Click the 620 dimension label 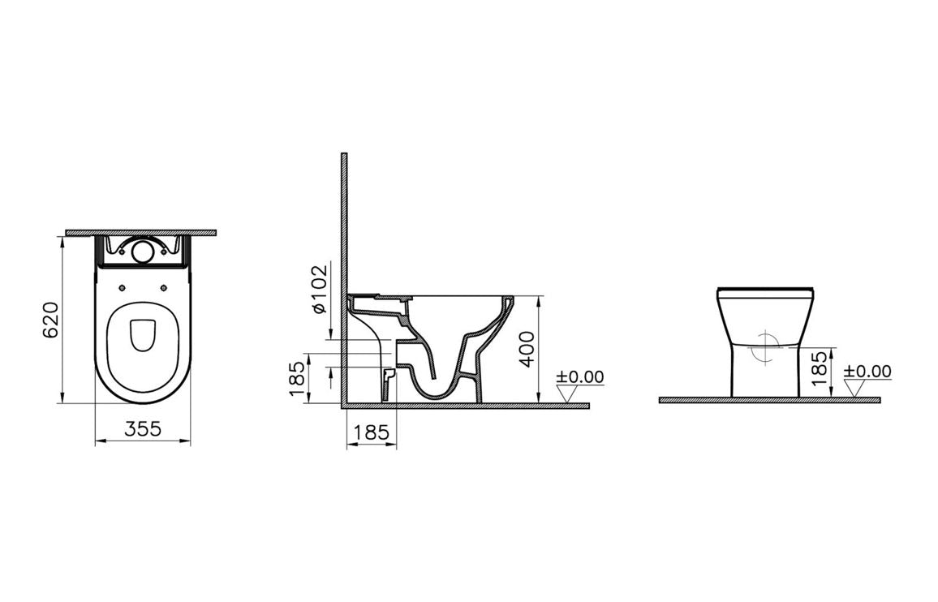coord(49,320)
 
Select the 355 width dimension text coord(143,430)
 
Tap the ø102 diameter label coord(319,290)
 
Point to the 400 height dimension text coord(527,349)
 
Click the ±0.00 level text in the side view coord(580,376)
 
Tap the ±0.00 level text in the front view coord(867,372)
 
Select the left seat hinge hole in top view coord(121,287)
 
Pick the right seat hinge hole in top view coord(165,287)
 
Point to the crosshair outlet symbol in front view coord(764,349)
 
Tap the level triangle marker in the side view coord(570,393)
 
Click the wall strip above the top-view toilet coord(141,233)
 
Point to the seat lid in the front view coord(765,289)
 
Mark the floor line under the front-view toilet coord(769,400)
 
